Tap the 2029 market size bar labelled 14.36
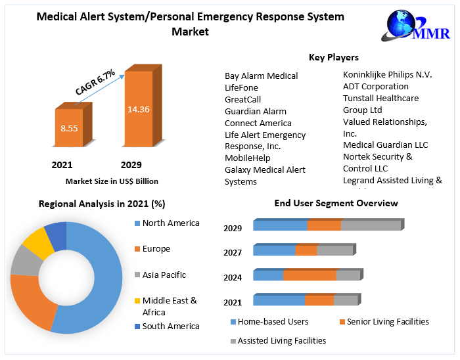139,108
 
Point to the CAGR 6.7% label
95,82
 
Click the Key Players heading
333,57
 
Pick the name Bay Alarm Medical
261,76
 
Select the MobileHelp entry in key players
247,158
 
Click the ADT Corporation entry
375,86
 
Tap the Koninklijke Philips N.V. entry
387,74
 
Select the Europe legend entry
156,248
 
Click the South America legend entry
170,326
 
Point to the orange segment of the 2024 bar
310,275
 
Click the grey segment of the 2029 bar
371,225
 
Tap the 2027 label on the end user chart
233,252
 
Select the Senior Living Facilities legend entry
388,321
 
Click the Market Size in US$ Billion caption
112,181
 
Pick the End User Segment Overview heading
336,203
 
